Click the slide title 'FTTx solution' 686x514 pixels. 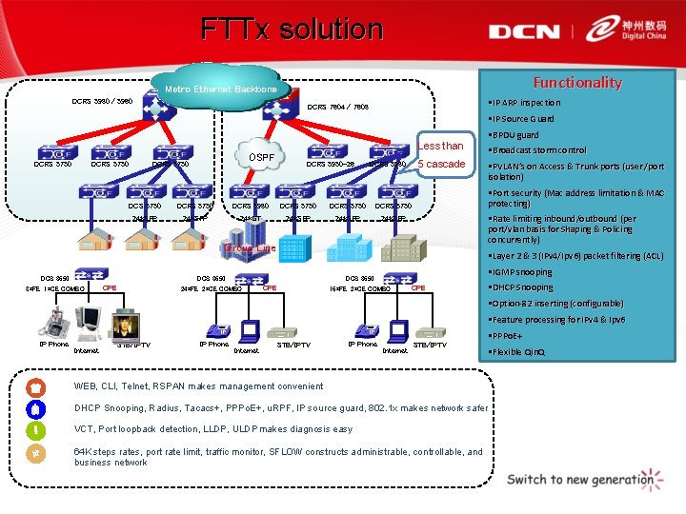pos(292,30)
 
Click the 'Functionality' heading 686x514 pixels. pos(576,83)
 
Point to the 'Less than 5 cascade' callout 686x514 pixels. pos(441,155)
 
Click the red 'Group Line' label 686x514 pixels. pos(250,248)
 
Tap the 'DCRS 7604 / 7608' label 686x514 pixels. pos(337,107)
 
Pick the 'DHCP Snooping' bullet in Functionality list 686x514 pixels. pos(522,287)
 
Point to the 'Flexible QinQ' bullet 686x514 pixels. pos(520,352)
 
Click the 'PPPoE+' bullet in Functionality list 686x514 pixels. pos(510,336)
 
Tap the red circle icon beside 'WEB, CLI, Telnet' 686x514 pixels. pos(35,387)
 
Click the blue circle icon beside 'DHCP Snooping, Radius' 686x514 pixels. pos(35,408)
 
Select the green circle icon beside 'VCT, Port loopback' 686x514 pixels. pos(35,429)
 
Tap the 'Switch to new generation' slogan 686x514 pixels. pos(580,479)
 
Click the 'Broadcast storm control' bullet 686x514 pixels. pos(538,150)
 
